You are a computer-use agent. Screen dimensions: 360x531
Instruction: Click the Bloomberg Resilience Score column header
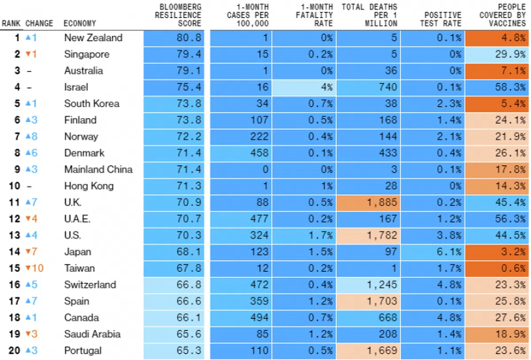[181, 15]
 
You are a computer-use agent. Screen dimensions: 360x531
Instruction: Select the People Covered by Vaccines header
[503, 15]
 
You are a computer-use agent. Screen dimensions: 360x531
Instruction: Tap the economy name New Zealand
[93, 38]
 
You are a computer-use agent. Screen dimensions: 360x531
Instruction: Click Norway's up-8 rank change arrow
[31, 137]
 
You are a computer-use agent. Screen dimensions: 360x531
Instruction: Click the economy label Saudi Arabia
[92, 334]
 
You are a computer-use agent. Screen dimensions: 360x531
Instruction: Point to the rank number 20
[15, 351]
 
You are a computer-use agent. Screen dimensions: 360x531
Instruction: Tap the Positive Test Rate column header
[440, 19]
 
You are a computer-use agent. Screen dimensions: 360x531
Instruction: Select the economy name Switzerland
[90, 285]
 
